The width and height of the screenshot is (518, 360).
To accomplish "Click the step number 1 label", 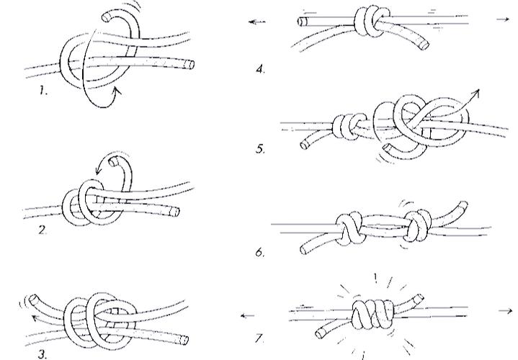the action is [x=43, y=90].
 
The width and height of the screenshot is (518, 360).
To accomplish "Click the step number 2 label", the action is [x=43, y=230].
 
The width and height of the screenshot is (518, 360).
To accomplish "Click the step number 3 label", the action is [x=43, y=355].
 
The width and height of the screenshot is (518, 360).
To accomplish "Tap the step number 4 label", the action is [x=261, y=69].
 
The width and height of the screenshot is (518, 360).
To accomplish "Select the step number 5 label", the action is [x=260, y=149].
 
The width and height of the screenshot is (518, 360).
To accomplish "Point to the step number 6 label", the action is [x=260, y=252].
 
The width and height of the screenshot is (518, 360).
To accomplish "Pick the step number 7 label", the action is [x=260, y=338].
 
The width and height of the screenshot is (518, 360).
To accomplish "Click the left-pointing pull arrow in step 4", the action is [x=257, y=22].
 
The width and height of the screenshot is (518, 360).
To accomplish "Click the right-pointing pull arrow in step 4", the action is [x=503, y=20].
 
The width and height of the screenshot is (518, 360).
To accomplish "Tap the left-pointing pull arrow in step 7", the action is [x=247, y=316].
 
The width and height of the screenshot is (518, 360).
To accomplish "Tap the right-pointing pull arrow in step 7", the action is [x=506, y=311].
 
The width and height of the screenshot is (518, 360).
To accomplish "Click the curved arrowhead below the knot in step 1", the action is [x=117, y=91].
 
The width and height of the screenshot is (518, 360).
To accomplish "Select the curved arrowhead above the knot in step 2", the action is [x=99, y=171].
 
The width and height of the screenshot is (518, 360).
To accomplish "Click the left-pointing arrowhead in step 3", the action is [x=35, y=318].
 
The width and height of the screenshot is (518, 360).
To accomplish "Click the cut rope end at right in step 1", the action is [x=189, y=64].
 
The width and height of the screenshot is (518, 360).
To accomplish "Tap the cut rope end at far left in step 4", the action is [x=302, y=22].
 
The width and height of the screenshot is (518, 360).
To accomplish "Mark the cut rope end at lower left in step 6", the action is [x=304, y=249].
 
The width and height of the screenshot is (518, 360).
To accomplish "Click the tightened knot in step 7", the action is [x=372, y=314].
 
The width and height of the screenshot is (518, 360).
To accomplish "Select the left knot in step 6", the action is [x=349, y=228].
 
